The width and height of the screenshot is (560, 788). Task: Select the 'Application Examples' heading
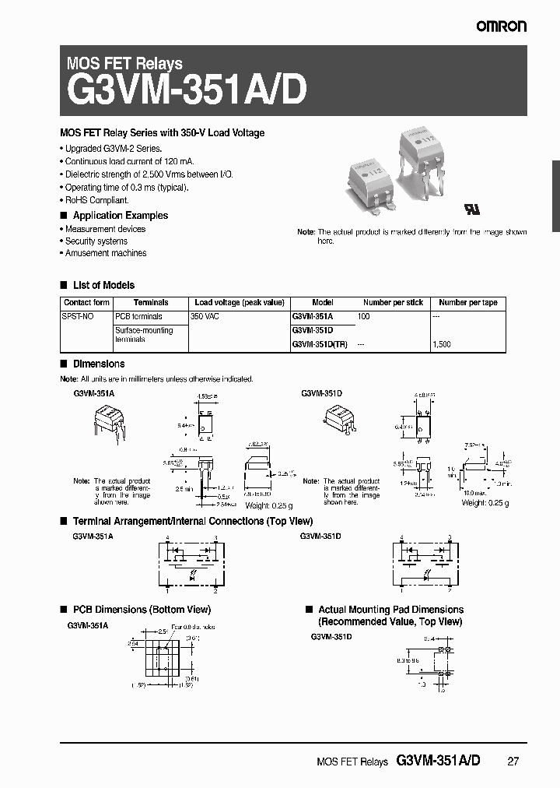point(120,216)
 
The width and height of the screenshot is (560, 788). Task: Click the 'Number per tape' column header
point(467,303)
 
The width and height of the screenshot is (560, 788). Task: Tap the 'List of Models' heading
point(103,285)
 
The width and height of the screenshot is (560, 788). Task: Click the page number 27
point(513,762)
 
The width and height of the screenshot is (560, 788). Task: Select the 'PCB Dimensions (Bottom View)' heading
point(142,610)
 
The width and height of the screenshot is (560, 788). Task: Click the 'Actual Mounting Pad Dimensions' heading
point(390,610)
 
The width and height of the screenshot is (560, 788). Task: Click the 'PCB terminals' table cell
point(138,317)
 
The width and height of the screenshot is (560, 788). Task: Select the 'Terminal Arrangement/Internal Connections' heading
point(192,520)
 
